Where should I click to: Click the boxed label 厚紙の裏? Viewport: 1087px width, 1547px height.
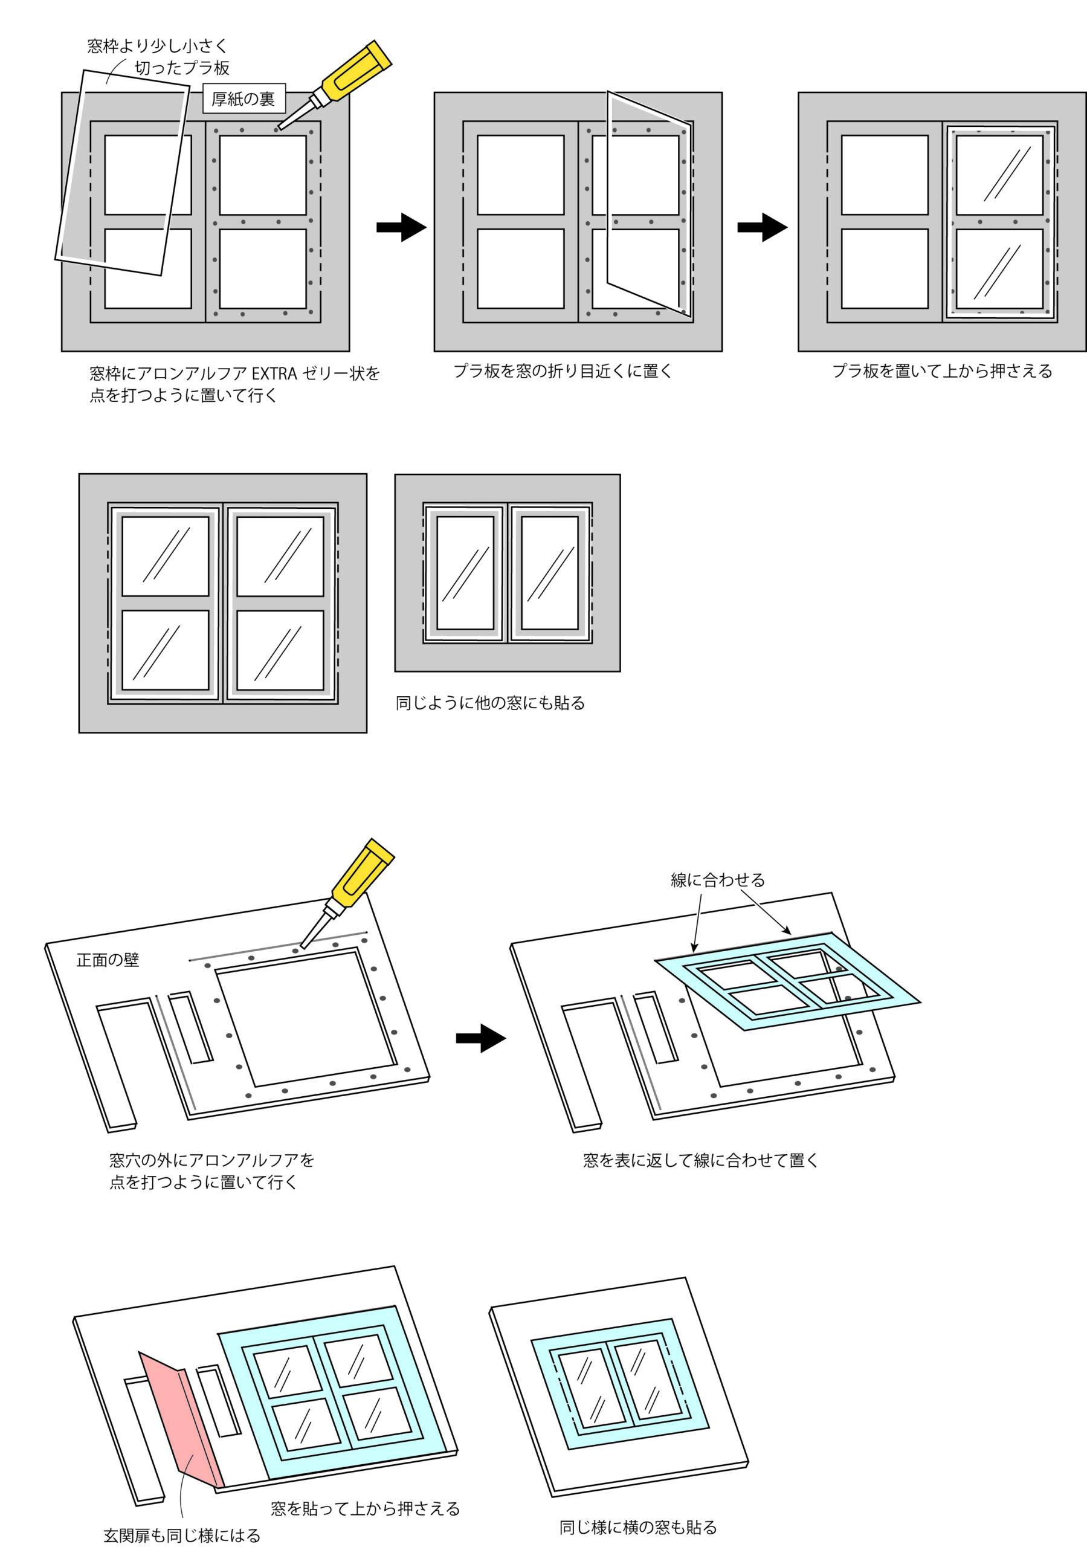pos(244,99)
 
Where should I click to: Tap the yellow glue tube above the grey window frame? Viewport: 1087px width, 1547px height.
pos(335,85)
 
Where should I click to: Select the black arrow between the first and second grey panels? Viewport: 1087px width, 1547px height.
pos(401,227)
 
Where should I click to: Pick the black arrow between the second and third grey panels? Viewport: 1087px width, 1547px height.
pos(762,227)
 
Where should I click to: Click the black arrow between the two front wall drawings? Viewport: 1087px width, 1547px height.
pos(480,1038)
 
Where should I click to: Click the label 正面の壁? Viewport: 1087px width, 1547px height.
pos(108,960)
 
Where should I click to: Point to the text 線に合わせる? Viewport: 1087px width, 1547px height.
pos(718,880)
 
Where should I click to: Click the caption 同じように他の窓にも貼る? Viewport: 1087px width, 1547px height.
pos(490,703)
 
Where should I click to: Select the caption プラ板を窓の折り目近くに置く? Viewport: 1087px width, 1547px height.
pos(563,371)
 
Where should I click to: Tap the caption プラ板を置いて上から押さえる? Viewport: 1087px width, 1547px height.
pos(942,371)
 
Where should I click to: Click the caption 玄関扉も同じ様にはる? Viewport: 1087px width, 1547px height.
pos(182,1536)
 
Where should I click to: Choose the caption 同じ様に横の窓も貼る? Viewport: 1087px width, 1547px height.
pos(638,1528)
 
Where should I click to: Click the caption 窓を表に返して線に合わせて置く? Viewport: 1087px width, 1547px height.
pos(701,1160)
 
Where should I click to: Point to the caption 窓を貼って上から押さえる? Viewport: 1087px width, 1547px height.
pos(365,1508)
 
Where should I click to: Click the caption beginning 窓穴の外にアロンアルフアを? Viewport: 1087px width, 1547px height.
pos(211,1171)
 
